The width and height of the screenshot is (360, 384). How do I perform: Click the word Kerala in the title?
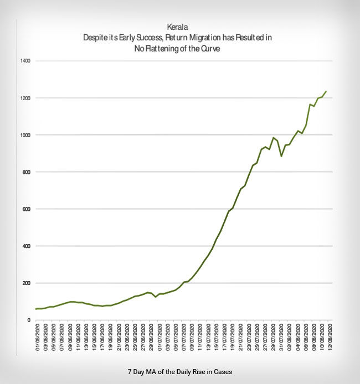(x=180, y=27)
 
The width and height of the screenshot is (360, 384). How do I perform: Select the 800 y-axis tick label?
(x=25, y=172)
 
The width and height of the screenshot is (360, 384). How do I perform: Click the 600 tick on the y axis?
(x=25, y=209)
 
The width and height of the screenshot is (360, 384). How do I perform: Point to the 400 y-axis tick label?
(x=25, y=246)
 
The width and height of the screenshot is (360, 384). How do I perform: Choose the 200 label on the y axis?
(x=25, y=283)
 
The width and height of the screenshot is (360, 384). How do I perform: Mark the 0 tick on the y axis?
(x=28, y=320)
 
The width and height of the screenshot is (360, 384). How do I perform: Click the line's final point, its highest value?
(x=326, y=91)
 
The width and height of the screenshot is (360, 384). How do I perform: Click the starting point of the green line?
(x=36, y=309)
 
